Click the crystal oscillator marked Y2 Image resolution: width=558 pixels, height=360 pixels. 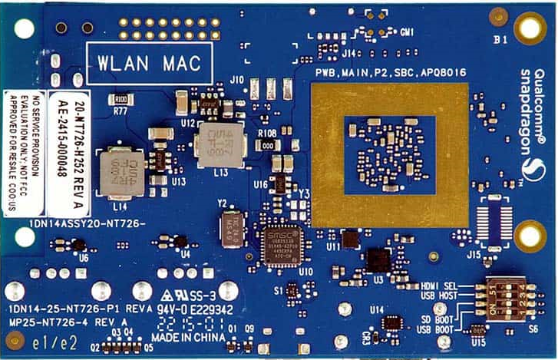click(x=232, y=227)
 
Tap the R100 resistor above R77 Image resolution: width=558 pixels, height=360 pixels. click(x=121, y=99)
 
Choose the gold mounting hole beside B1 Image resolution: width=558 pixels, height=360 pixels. click(x=530, y=29)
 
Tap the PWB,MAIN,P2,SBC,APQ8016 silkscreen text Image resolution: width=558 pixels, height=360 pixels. click(x=391, y=72)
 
